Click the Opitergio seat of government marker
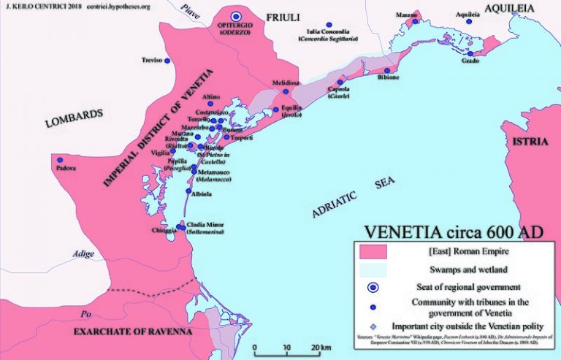[x=235, y=15]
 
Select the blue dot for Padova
[x=60, y=159]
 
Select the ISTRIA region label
[x=535, y=141]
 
